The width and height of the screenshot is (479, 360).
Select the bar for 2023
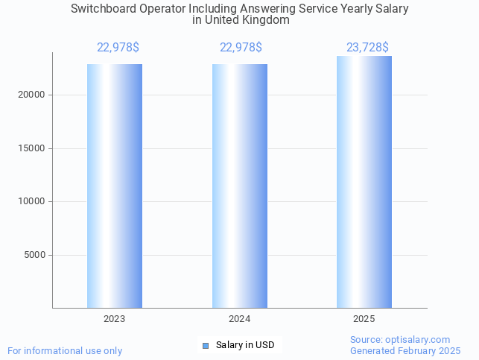pyautogui.click(x=115, y=186)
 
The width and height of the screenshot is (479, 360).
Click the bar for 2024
pyautogui.click(x=240, y=186)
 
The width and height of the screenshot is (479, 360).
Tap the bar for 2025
pyautogui.click(x=364, y=183)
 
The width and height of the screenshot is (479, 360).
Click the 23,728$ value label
pyautogui.click(x=367, y=48)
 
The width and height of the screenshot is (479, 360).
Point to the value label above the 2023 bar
pyautogui.click(x=118, y=48)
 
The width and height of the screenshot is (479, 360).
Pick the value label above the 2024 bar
pyautogui.click(x=241, y=48)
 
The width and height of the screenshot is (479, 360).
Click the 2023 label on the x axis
pyautogui.click(x=115, y=319)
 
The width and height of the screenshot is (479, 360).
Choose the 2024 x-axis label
pyautogui.click(x=240, y=319)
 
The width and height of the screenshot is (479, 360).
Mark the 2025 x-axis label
pyautogui.click(x=364, y=319)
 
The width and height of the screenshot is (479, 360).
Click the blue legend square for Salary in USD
pyautogui.click(x=206, y=345)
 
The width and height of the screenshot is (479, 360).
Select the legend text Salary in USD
pyautogui.click(x=245, y=345)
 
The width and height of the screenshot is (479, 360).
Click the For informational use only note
pyautogui.click(x=65, y=350)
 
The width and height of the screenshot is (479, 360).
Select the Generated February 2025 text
pyautogui.click(x=405, y=350)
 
